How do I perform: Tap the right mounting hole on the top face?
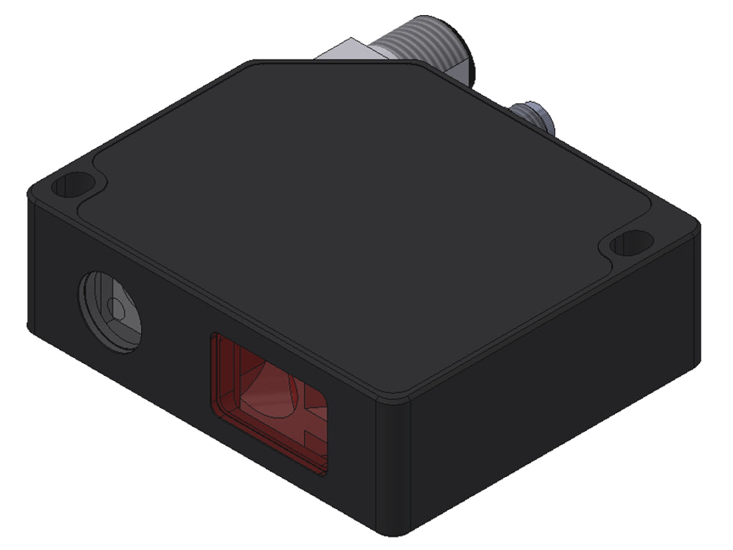tap(628, 244)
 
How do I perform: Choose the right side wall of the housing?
tap(551, 401)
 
